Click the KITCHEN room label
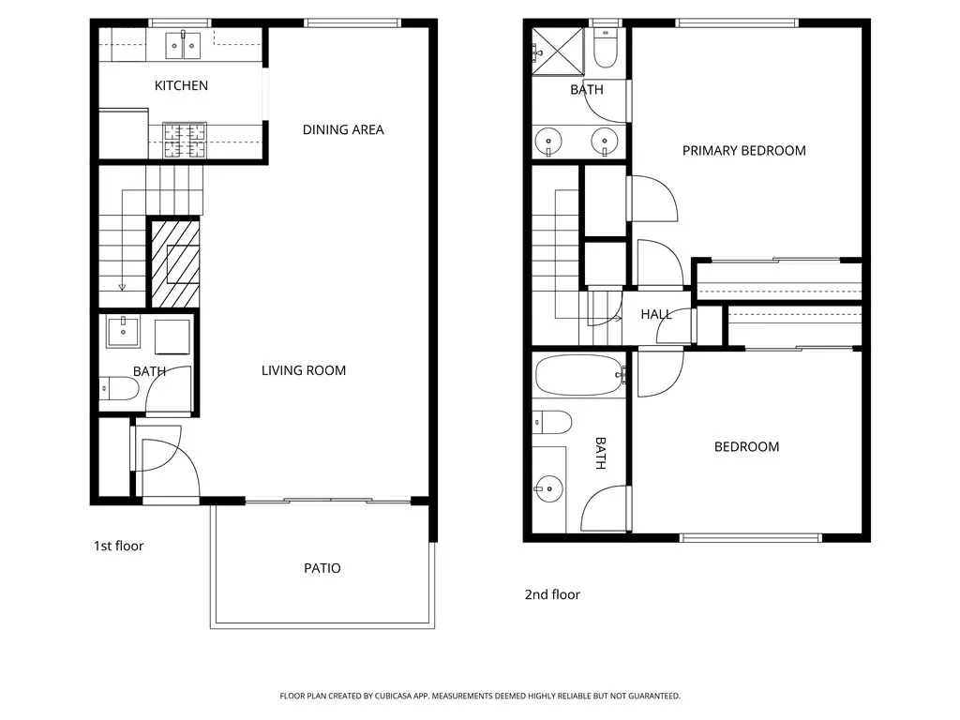[x=181, y=85]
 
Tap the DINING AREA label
[x=343, y=129]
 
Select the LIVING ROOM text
[x=304, y=370]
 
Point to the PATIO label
[x=322, y=568]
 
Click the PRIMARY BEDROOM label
[x=743, y=151]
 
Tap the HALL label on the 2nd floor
[x=656, y=315]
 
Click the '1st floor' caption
[x=118, y=547]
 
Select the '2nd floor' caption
[x=552, y=594]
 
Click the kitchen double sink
[x=183, y=45]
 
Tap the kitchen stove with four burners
[x=185, y=141]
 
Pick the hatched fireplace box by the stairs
[x=175, y=263]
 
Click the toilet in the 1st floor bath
[x=119, y=388]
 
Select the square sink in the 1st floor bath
[x=123, y=332]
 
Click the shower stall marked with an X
[x=558, y=52]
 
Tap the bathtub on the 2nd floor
[x=579, y=376]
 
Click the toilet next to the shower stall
[x=606, y=48]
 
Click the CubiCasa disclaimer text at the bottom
[x=480, y=697]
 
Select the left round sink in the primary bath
[x=547, y=142]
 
